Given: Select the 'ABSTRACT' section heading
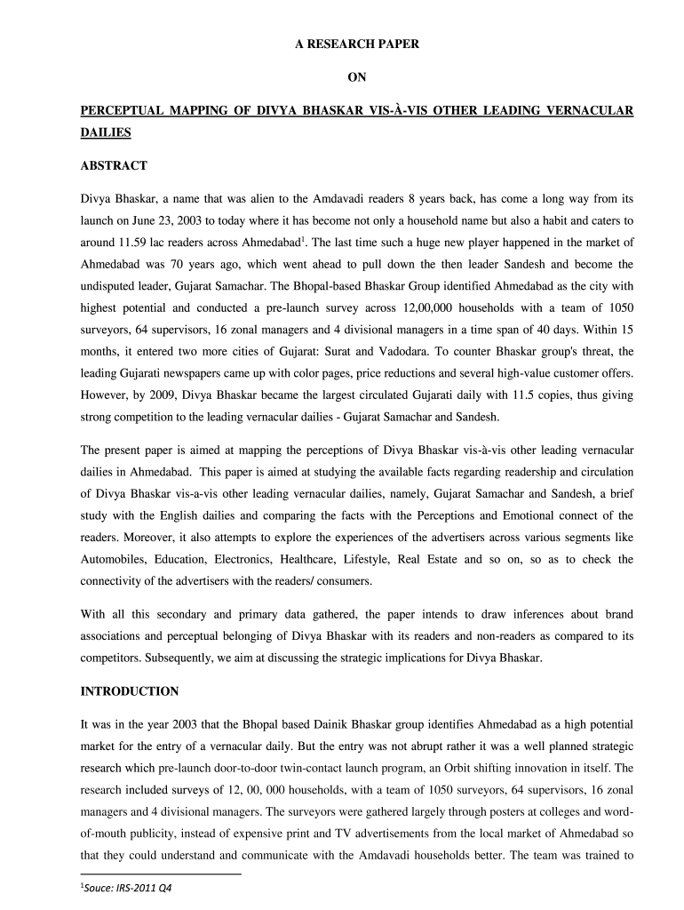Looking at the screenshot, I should (x=114, y=165).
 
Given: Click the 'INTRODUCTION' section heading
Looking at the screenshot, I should (x=130, y=691).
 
